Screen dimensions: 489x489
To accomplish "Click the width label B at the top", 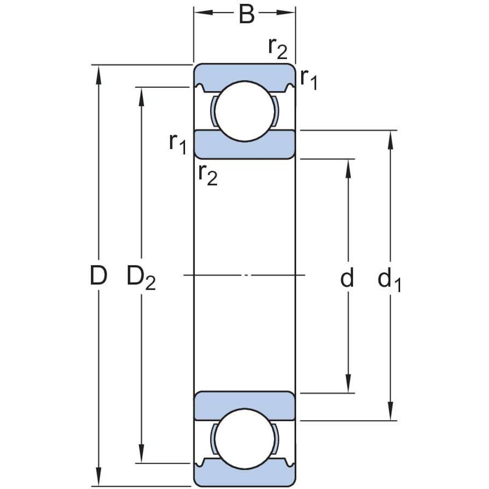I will [246, 15].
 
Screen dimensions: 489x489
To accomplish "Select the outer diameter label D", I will [98, 276].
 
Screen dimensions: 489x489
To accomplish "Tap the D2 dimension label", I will [141, 278].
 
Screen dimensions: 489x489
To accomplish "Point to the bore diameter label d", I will [347, 278].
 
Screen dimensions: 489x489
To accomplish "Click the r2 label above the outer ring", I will [277, 48].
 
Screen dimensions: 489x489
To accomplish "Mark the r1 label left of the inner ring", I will [177, 144].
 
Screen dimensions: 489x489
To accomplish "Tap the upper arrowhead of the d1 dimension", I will [391, 139].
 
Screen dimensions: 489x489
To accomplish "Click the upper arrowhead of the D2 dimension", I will [142, 95].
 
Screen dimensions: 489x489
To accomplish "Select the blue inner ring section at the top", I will [244, 148].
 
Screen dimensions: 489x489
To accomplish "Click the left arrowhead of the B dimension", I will [202, 12].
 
